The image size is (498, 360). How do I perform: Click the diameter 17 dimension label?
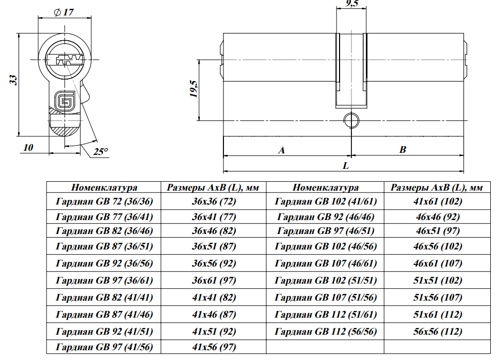point(63,11)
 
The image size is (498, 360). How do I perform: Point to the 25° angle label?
point(101,152)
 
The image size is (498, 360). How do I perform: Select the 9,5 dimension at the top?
point(351,4)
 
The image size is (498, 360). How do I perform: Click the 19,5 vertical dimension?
point(193,89)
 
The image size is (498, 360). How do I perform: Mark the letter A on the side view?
point(281,150)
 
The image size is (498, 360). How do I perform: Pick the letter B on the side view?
point(403,150)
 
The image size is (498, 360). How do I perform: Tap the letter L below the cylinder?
point(346,166)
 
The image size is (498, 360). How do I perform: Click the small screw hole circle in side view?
point(351,120)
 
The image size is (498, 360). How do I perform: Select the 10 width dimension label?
point(28,148)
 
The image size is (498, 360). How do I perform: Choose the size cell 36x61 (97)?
point(214,280)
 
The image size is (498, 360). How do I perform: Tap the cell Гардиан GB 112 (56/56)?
point(326,331)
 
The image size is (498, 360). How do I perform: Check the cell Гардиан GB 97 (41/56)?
point(104,348)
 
